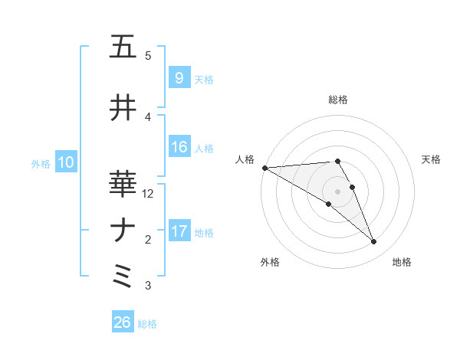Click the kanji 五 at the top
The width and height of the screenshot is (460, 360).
click(123, 47)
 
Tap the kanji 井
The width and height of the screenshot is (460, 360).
click(123, 107)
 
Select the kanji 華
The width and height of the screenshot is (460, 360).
click(123, 184)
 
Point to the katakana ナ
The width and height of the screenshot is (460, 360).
click(123, 231)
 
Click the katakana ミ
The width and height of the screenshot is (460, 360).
click(123, 276)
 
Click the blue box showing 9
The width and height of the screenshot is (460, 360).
click(179, 78)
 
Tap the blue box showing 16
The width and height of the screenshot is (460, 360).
click(179, 147)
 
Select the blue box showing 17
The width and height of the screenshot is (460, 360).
click(179, 231)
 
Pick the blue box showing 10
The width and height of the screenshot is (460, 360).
click(65, 162)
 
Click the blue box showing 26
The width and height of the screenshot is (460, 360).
click(122, 322)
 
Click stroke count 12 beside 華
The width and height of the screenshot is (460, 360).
click(149, 194)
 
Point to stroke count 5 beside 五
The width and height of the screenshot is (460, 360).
click(148, 56)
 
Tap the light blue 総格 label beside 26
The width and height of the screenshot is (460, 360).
click(147, 324)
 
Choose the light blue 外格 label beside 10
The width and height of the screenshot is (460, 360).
click(41, 163)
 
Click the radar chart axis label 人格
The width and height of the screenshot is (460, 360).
click(245, 159)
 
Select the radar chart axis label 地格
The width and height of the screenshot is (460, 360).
click(402, 262)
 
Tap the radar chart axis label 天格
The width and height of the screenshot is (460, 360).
click(432, 159)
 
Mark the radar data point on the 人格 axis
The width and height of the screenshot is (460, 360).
click(264, 168)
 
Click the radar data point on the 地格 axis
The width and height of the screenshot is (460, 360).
click(374, 242)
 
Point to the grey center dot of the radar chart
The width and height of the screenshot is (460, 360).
click(337, 190)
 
